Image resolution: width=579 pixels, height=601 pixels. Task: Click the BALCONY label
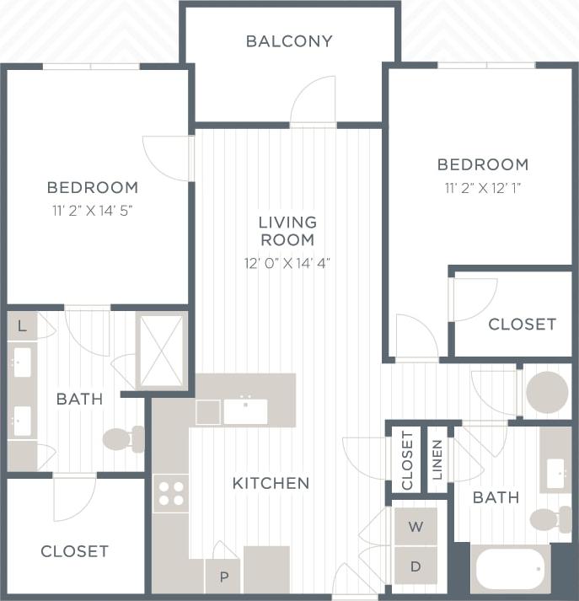pyautogui.click(x=289, y=41)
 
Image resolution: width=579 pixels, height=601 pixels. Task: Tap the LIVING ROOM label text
pyautogui.click(x=287, y=231)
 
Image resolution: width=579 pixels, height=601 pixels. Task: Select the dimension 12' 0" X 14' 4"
pyautogui.click(x=287, y=263)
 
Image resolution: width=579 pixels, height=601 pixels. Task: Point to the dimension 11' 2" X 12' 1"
pyautogui.click(x=483, y=188)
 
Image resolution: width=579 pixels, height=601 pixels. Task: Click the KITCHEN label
pyautogui.click(x=271, y=484)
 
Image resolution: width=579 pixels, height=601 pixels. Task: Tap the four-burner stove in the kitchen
pyautogui.click(x=171, y=494)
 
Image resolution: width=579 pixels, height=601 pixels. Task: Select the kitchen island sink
pyautogui.click(x=245, y=411)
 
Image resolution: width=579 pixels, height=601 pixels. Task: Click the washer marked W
pyautogui.click(x=415, y=527)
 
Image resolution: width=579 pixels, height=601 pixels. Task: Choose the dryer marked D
pyautogui.click(x=415, y=567)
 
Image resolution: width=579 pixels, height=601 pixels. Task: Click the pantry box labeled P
pyautogui.click(x=223, y=577)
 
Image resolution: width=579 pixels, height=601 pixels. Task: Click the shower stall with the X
pyautogui.click(x=161, y=351)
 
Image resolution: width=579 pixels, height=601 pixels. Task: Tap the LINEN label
pyautogui.click(x=437, y=459)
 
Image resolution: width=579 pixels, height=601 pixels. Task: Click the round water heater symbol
pyautogui.click(x=547, y=393)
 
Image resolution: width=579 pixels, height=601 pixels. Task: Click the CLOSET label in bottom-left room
pyautogui.click(x=75, y=551)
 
